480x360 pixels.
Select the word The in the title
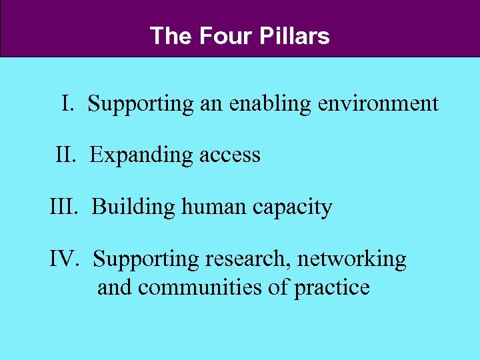[171, 35]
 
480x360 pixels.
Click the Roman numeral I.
[67, 103]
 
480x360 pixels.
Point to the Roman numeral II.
[67, 155]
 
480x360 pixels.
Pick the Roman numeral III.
[65, 207]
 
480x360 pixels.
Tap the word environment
[378, 103]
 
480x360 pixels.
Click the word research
[247, 259]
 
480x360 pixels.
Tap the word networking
[351, 259]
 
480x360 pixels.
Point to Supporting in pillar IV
[146, 259]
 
